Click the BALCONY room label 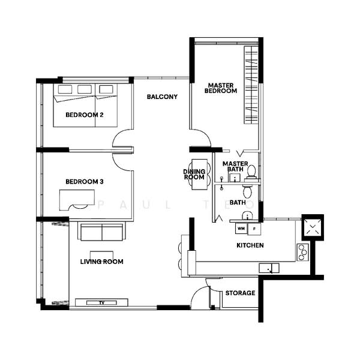(x=162, y=97)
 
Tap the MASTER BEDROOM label (x=221, y=88)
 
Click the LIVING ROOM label (x=102, y=262)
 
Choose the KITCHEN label (x=250, y=245)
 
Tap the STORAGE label (x=240, y=293)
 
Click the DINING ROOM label (x=194, y=174)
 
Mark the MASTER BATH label (x=235, y=166)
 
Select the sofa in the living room (x=101, y=232)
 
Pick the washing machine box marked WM (x=241, y=229)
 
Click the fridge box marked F (x=255, y=229)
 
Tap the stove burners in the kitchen (x=302, y=251)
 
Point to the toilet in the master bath (x=251, y=172)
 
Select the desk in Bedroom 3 (x=77, y=198)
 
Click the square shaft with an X (x=313, y=227)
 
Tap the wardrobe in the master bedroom (x=251, y=87)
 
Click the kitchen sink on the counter (x=268, y=267)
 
